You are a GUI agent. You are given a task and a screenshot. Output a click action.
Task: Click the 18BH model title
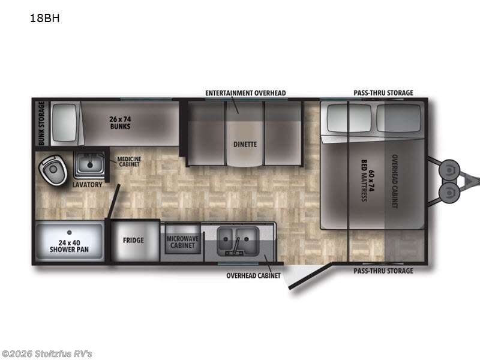point(44,19)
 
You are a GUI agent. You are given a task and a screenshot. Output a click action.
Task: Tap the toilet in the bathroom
point(53,170)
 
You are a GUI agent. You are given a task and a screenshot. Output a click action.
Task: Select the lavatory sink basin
point(89,163)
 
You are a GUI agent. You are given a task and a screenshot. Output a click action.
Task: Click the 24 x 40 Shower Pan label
point(69,246)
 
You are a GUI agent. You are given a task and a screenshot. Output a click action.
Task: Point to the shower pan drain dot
point(70,232)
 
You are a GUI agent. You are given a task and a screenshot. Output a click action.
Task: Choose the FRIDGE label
point(133,241)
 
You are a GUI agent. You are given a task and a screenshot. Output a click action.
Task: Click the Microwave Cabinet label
point(182,242)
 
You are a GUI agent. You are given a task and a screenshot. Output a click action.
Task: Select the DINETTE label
point(245,144)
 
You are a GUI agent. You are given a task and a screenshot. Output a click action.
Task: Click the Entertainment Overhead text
point(245,93)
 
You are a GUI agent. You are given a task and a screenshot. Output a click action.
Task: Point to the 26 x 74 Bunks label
point(121,123)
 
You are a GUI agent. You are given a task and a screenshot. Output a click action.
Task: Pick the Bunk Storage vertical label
point(41,123)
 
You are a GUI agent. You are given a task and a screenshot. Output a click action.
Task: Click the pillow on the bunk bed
point(65,122)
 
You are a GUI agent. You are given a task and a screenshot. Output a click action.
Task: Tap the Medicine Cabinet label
point(129,161)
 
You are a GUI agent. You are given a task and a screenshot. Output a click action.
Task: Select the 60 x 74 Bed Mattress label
point(368,181)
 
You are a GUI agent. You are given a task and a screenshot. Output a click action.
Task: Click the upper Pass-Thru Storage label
point(383,93)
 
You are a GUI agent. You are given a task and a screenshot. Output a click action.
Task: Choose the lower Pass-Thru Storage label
point(383,271)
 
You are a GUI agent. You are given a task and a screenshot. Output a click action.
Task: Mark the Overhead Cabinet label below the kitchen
point(253,276)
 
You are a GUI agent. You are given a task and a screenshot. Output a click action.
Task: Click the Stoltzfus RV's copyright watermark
point(46,354)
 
